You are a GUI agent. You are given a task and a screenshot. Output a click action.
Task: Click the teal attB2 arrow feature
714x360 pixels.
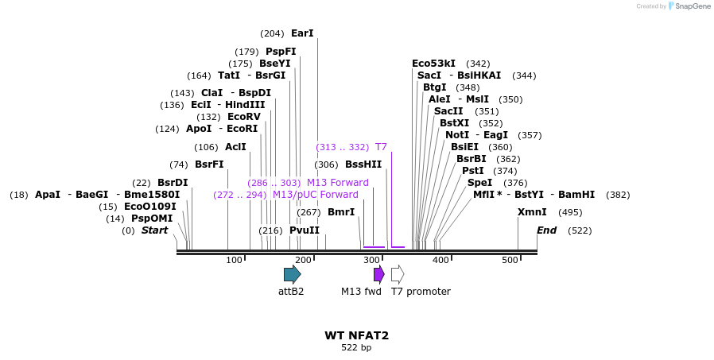coord(292,274)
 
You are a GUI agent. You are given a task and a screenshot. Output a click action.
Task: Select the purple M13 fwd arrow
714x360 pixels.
coord(379,274)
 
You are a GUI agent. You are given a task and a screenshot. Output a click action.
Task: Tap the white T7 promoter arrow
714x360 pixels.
coord(398,274)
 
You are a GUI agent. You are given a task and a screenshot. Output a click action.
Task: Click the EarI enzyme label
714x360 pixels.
coord(302,33)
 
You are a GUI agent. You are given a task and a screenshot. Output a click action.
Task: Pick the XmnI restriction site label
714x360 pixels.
coord(532,212)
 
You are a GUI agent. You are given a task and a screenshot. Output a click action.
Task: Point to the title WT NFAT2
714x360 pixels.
coord(356,335)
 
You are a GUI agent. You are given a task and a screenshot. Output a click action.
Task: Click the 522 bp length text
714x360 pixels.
coord(356,348)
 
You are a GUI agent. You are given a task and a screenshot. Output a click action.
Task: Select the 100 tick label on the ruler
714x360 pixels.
coord(234,261)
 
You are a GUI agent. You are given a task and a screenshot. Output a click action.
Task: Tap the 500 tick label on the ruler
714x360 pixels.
coord(510,261)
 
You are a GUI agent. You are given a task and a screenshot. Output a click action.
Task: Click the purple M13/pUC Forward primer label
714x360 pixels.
coord(315,195)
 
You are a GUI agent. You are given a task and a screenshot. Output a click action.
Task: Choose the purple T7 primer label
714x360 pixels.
coord(381,147)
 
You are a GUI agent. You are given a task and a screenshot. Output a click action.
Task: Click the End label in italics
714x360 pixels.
coord(546,230)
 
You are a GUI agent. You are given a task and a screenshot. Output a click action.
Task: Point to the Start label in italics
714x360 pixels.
coord(154,230)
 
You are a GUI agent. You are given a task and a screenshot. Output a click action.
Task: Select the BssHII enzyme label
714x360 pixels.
coord(363,165)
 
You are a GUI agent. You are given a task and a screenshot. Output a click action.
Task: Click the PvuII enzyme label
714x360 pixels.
coord(305,230)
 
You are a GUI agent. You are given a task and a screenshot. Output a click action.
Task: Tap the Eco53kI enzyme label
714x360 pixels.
coord(433,64)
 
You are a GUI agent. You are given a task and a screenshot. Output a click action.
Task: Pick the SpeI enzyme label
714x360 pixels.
coord(479,183)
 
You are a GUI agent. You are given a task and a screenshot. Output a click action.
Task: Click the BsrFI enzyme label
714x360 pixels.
coord(209,165)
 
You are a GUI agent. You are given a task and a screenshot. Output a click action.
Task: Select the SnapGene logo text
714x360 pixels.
coord(692,6)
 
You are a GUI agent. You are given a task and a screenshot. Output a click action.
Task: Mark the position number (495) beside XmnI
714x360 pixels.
coord(570,212)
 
